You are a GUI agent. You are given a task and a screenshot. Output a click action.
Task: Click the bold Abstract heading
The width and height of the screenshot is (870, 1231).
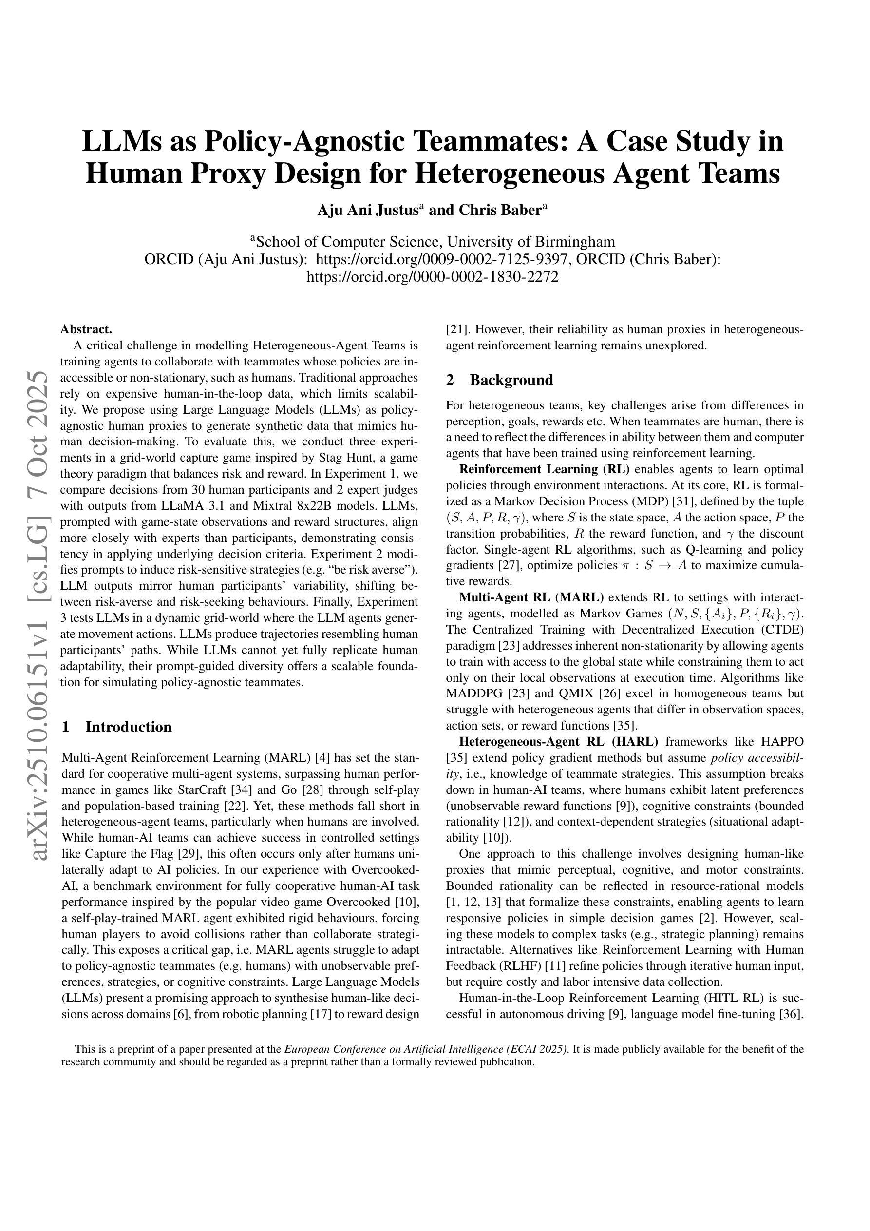point(86,329)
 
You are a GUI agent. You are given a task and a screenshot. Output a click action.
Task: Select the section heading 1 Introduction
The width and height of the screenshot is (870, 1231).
point(117,727)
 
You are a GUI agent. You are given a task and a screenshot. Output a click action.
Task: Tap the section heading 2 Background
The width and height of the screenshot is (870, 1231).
point(500,380)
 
